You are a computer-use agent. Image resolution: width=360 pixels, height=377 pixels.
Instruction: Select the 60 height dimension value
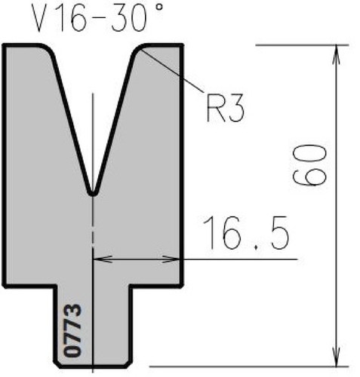tap(310, 165)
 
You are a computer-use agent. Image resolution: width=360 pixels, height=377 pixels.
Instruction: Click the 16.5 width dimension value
tap(246, 233)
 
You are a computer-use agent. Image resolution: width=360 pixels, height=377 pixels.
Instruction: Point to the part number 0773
tap(73, 330)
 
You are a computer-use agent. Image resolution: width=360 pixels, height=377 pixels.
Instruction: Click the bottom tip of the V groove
tap(93, 195)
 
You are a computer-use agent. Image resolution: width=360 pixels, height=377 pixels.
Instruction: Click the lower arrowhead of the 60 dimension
tap(337, 357)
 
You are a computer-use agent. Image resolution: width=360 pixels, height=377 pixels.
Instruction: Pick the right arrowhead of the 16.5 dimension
tap(171, 259)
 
